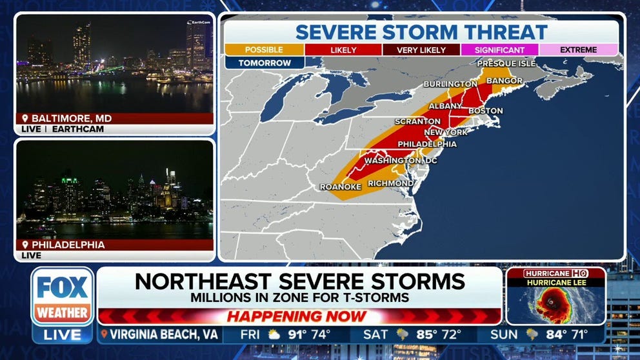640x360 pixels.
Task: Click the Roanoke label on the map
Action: pos(340,187)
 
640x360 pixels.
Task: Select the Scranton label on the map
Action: pos(418,121)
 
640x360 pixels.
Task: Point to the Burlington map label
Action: pos(450,84)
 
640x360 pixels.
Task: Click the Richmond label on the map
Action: pos(390,183)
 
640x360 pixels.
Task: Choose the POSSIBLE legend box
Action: pos(264,50)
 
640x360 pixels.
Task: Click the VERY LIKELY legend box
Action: pos(421,50)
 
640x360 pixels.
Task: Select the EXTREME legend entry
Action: pos(578,50)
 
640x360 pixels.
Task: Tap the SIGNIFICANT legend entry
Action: pos(499,50)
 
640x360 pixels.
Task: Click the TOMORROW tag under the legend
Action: pos(264,63)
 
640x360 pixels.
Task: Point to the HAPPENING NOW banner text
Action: pos(298,317)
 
